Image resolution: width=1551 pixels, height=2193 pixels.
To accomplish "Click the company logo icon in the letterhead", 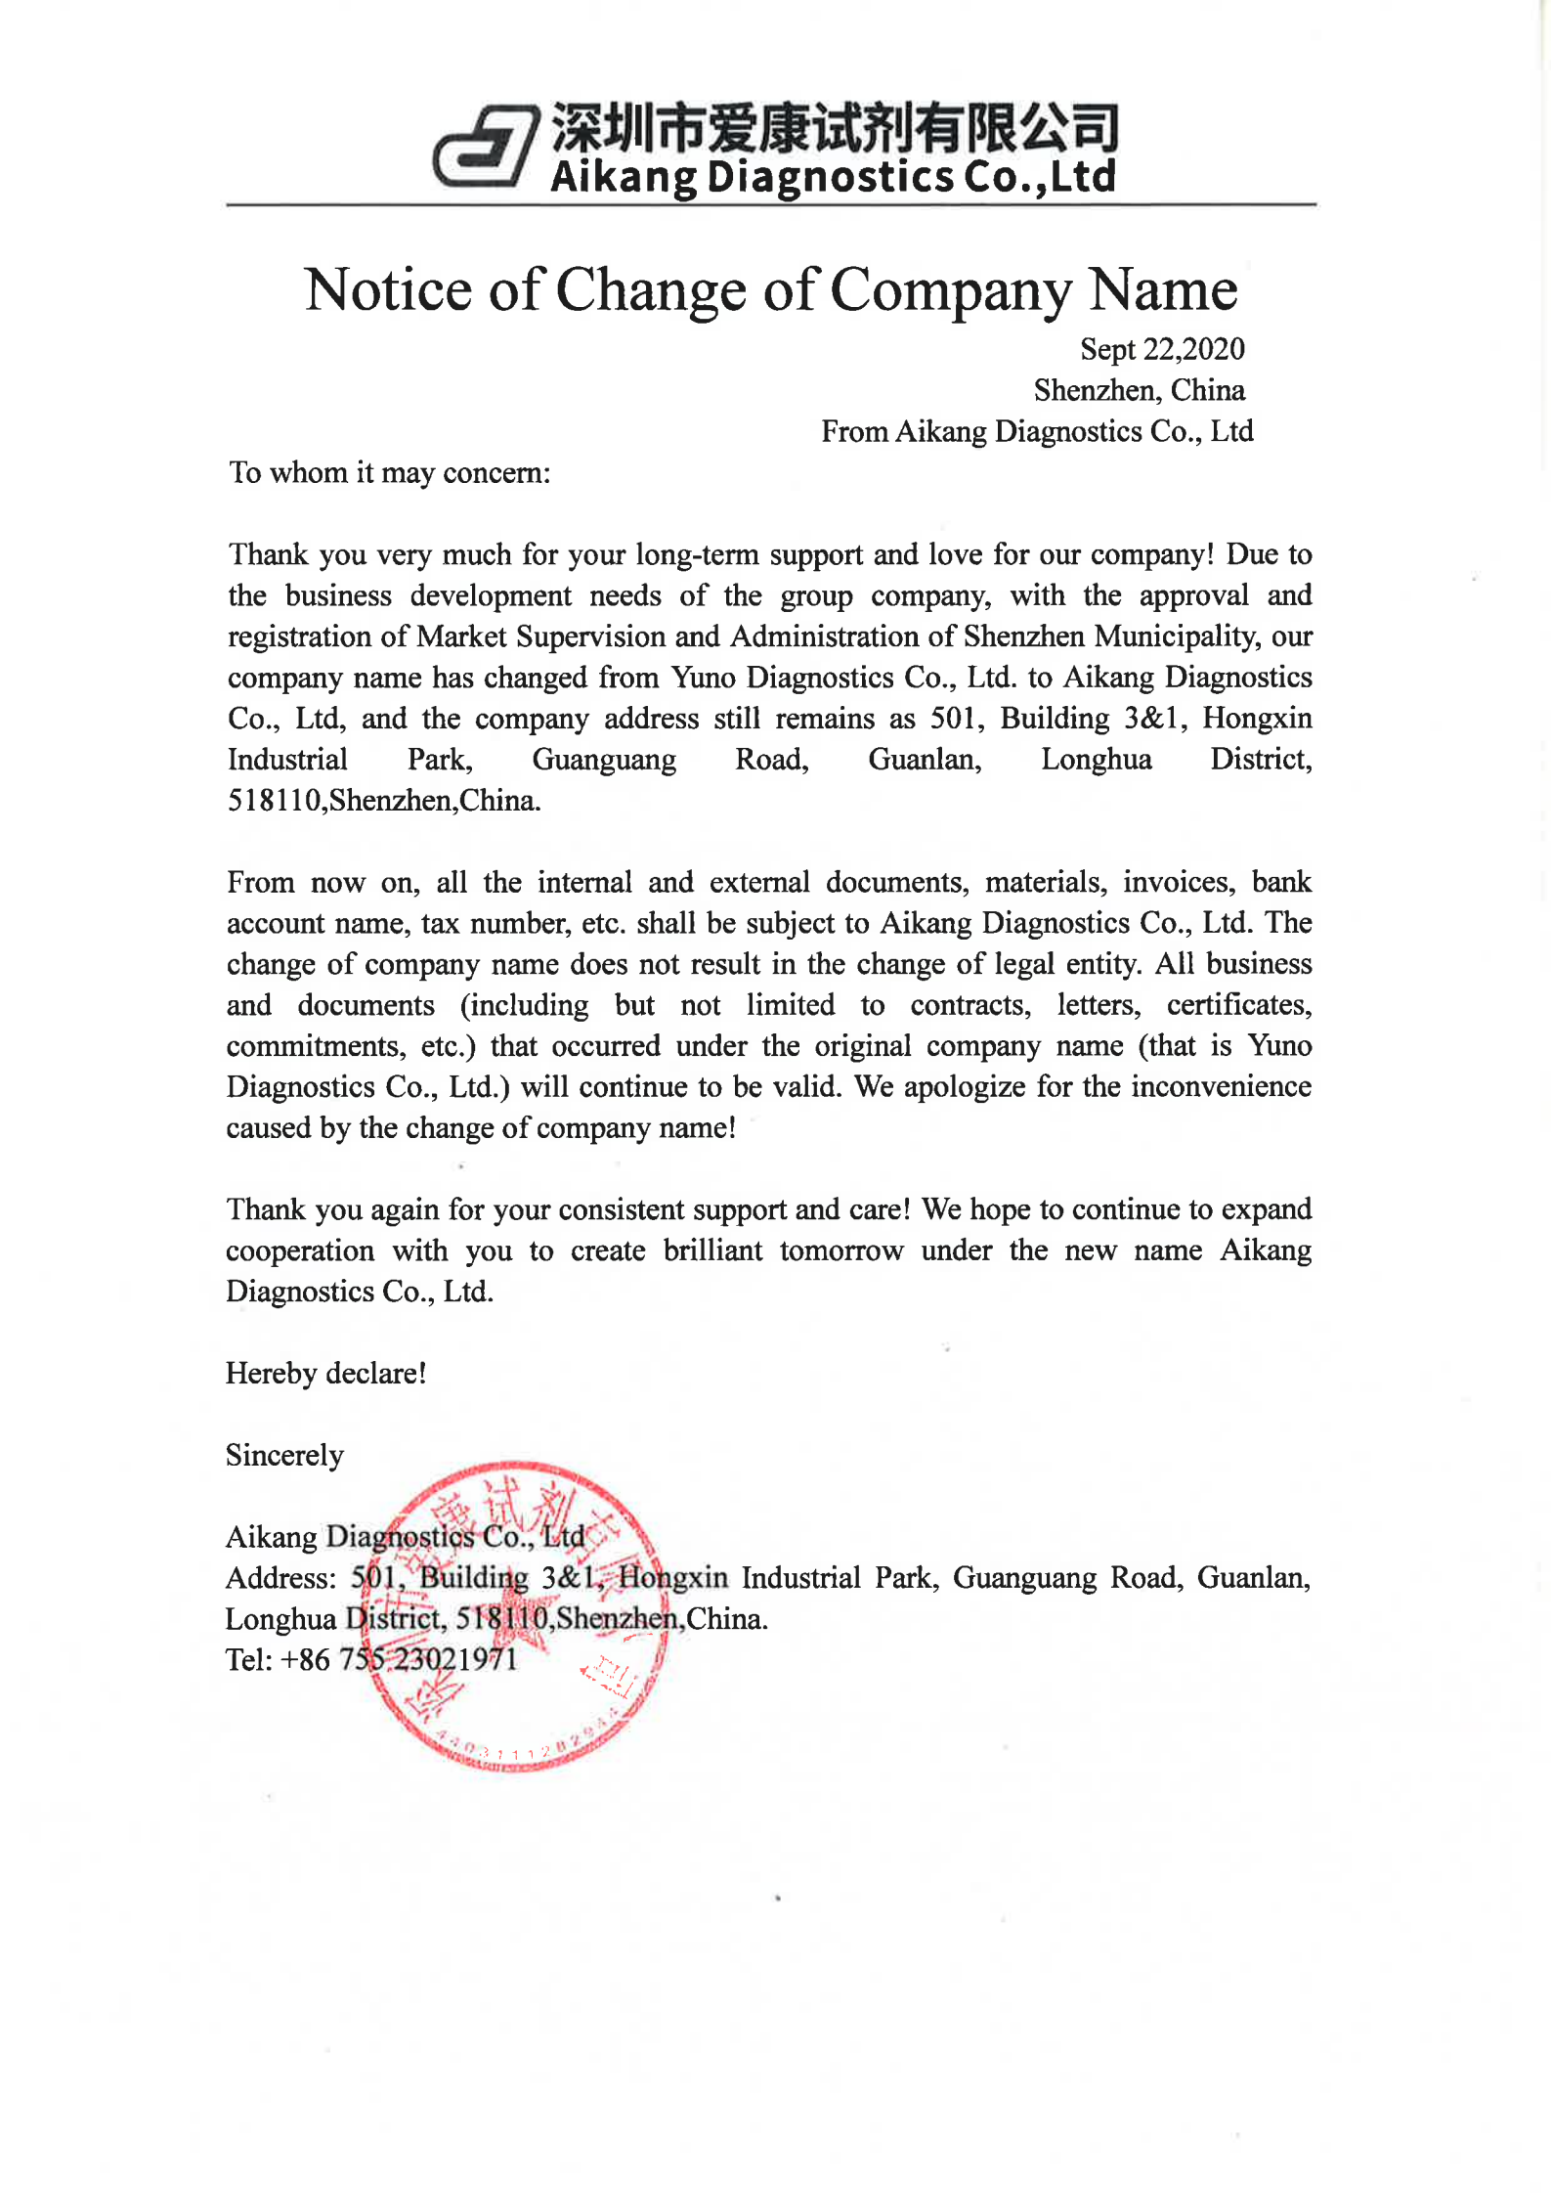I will point(486,147).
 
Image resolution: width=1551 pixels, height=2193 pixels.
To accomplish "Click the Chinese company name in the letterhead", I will point(835,128).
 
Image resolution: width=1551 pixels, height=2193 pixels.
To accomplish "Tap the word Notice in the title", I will point(388,290).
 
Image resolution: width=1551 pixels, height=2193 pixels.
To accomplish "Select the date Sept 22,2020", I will point(1161,349).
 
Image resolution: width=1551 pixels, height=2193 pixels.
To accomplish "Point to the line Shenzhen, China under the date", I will point(1139,390).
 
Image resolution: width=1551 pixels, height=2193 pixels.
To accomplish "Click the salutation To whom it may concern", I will point(389,473).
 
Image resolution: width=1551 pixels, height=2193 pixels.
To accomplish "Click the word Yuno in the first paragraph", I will point(703,678).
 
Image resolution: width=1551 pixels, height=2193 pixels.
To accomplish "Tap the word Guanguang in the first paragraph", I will point(603,760).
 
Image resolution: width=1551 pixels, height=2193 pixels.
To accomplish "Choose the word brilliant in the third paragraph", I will point(712,1250).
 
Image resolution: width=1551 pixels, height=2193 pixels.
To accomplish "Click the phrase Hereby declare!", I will point(325,1374).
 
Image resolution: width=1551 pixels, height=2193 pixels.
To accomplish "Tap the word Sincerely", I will point(284,1456).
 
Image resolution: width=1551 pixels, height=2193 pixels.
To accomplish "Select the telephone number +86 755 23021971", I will point(399,1660).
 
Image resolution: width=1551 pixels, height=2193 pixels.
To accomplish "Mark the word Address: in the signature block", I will point(280,1578).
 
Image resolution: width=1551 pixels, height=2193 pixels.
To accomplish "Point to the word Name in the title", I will point(1163,290).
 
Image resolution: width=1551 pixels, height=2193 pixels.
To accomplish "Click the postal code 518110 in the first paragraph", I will point(274,801).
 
